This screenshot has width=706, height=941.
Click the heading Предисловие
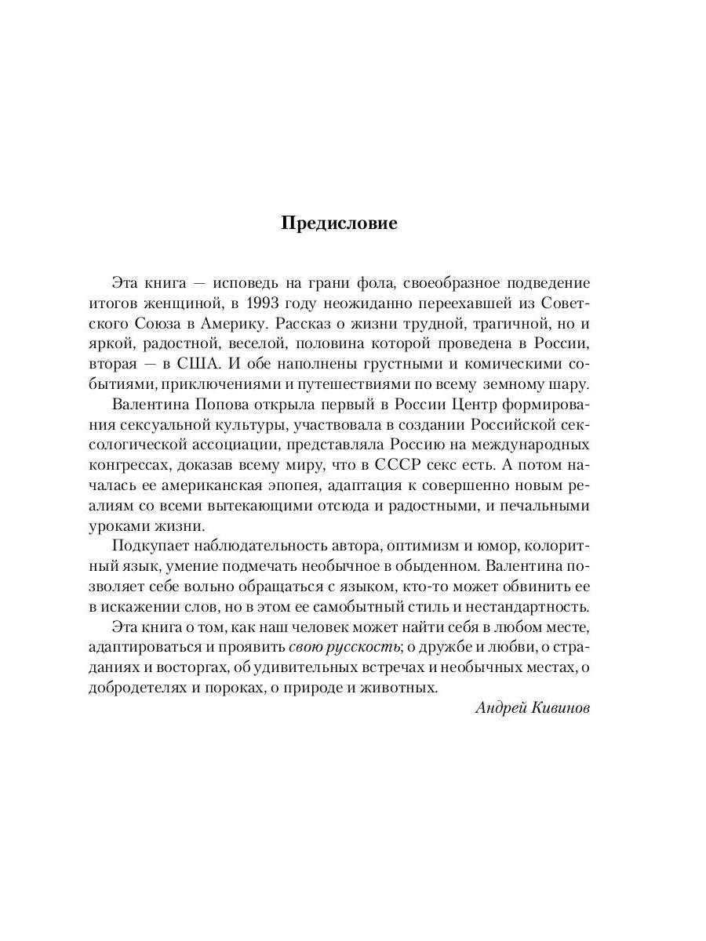pyautogui.click(x=339, y=223)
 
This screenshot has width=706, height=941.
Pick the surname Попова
pyautogui.click(x=226, y=405)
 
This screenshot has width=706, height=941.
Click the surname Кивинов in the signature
pyautogui.click(x=559, y=708)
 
